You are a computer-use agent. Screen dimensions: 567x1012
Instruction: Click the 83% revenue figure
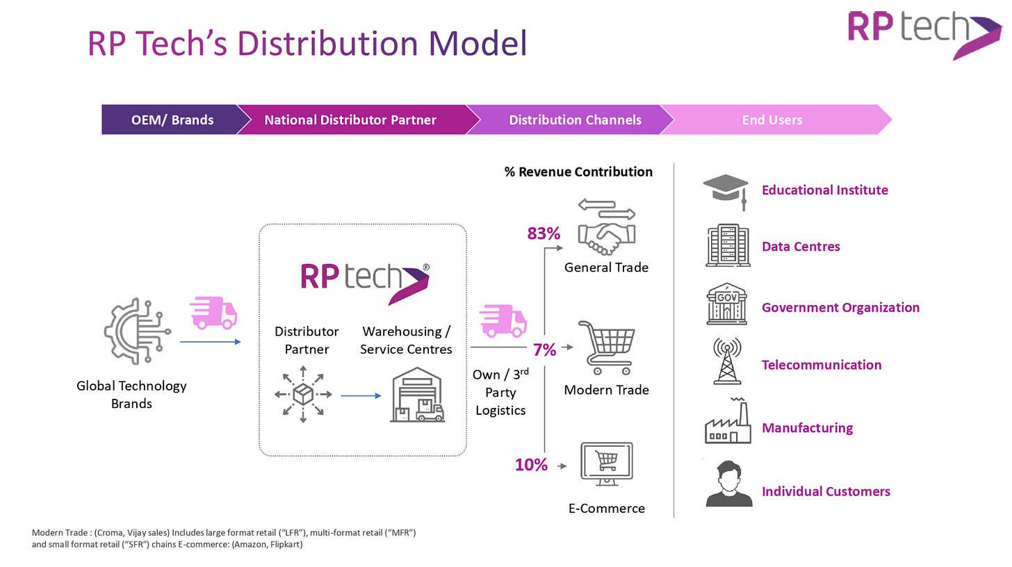point(544,233)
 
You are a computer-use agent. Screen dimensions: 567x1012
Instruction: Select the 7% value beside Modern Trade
point(544,350)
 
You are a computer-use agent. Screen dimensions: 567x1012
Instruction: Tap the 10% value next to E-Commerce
point(531,465)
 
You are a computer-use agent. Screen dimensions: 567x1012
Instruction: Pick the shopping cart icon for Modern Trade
point(607,347)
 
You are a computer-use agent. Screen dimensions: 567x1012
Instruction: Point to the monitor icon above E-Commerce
point(606,463)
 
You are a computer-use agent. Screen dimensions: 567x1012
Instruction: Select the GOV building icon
point(726,304)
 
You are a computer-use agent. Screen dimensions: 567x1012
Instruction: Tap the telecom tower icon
point(727,361)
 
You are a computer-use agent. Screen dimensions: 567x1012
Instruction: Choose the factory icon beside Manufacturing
point(727,422)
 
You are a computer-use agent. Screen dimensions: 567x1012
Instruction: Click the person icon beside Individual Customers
point(728,484)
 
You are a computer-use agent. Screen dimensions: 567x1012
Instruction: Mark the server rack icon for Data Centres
point(728,245)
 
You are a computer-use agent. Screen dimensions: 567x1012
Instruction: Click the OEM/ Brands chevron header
point(172,120)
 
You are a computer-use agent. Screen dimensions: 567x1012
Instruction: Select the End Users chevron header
point(772,120)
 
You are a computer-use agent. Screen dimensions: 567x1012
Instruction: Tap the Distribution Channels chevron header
point(575,120)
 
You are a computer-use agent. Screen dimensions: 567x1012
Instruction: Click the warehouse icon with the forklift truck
point(417,395)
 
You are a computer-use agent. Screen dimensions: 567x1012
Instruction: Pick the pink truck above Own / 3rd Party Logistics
point(503,320)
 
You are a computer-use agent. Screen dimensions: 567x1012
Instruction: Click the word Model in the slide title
point(478,43)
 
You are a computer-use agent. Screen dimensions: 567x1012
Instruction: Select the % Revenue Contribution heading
point(578,172)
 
